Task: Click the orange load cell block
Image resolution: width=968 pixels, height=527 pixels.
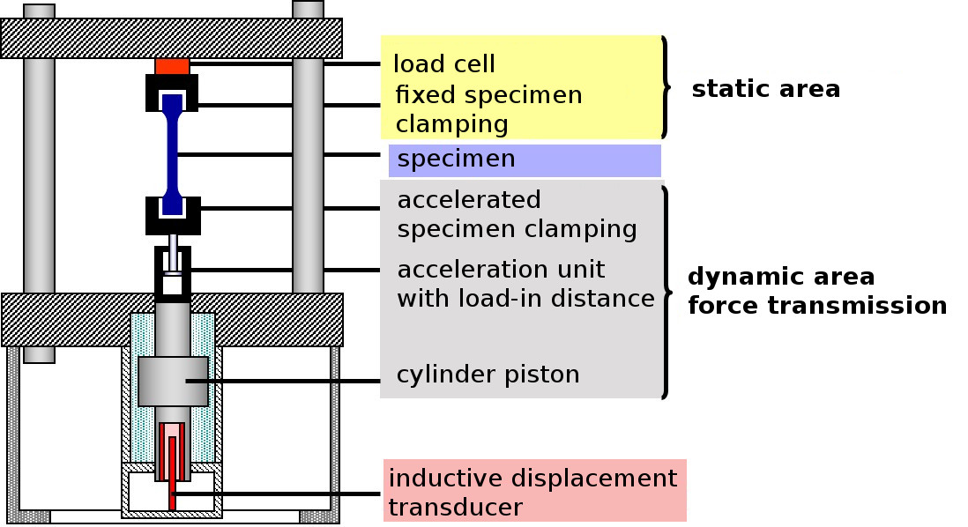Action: tap(172, 66)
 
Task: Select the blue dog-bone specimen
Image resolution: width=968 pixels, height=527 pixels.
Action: tap(172, 155)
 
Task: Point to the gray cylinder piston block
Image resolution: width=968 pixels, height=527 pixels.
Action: tap(173, 381)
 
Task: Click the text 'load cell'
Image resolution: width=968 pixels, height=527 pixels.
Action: tap(443, 64)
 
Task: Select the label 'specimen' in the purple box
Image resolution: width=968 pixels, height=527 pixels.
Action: tap(456, 160)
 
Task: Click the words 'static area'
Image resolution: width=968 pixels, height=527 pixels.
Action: tap(765, 89)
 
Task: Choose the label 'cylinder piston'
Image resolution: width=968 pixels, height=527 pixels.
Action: tap(488, 375)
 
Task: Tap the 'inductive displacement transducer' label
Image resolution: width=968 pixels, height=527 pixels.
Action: tap(532, 493)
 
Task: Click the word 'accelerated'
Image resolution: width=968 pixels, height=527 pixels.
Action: tap(468, 199)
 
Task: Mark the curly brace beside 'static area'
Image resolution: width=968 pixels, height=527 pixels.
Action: tap(666, 87)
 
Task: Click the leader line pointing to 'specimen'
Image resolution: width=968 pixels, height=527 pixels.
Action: tap(282, 155)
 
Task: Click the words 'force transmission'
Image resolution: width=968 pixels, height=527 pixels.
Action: tap(817, 306)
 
